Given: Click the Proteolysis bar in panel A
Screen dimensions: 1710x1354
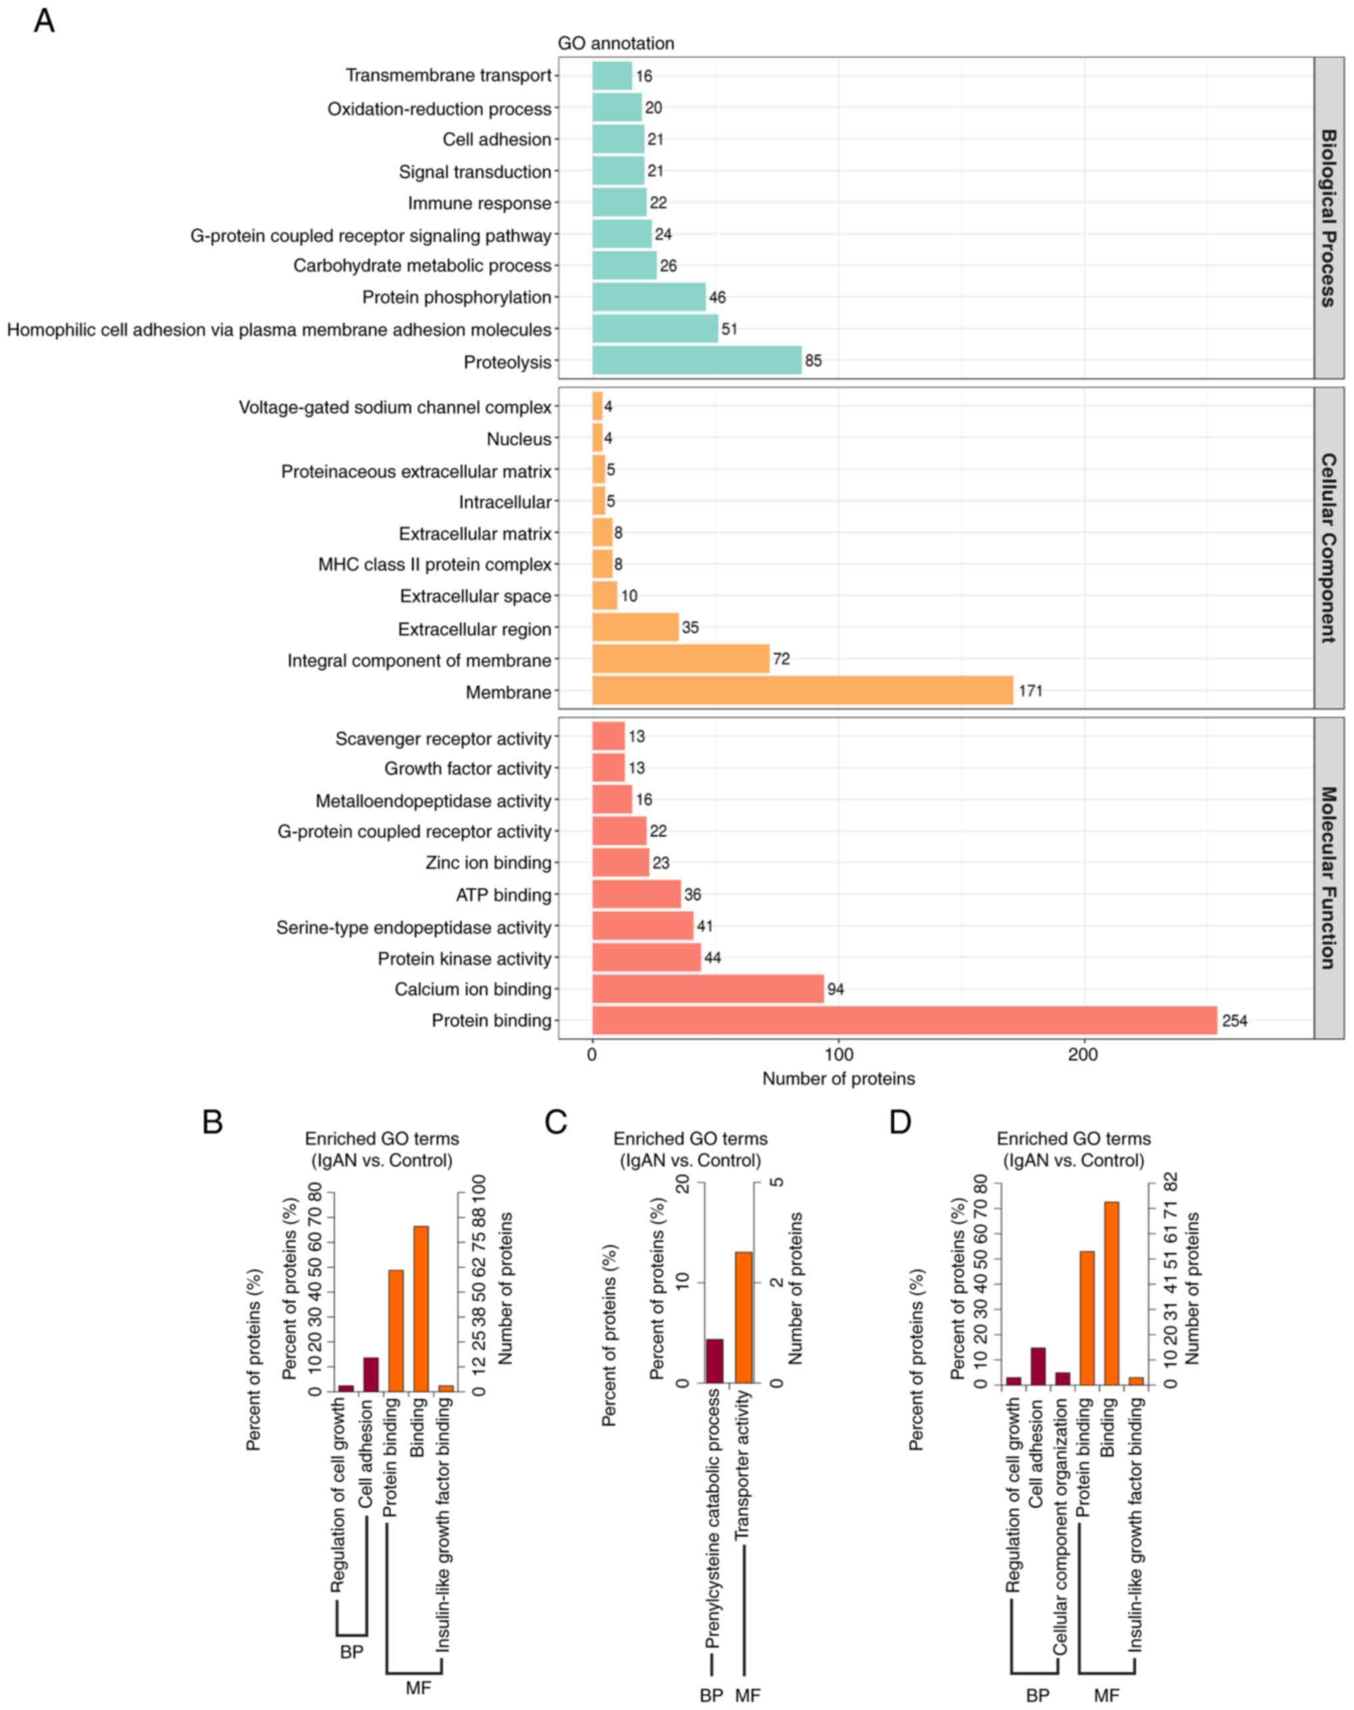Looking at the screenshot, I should click(x=697, y=360).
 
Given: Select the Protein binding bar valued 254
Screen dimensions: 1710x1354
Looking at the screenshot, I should click(x=904, y=1020).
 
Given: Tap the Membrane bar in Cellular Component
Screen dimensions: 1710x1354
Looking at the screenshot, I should click(x=802, y=690).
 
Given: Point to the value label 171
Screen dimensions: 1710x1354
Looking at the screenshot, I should click(x=1031, y=691).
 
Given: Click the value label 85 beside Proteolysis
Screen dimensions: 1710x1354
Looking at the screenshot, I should click(x=814, y=361).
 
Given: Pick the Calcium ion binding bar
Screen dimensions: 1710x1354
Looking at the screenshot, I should click(x=708, y=988).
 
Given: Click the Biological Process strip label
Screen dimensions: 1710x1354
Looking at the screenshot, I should click(x=1329, y=217).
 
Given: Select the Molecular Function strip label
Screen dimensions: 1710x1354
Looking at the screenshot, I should click(x=1329, y=878).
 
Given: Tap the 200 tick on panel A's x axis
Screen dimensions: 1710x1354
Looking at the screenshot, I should click(x=1083, y=1055).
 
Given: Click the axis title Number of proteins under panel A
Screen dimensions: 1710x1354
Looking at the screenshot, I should click(x=838, y=1079).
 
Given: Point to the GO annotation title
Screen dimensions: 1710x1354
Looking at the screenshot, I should click(x=616, y=43).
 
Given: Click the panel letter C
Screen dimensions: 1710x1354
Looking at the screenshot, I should click(x=556, y=1122).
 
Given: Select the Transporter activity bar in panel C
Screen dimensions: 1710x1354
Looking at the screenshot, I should click(x=744, y=1317).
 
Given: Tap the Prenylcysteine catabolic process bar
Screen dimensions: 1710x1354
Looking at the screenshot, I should click(x=714, y=1360).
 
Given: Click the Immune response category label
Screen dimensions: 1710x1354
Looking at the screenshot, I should click(x=479, y=204).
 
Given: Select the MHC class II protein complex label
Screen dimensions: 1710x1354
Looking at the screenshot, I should click(x=434, y=565).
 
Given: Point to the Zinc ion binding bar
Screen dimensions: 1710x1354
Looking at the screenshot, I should click(x=621, y=862).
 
